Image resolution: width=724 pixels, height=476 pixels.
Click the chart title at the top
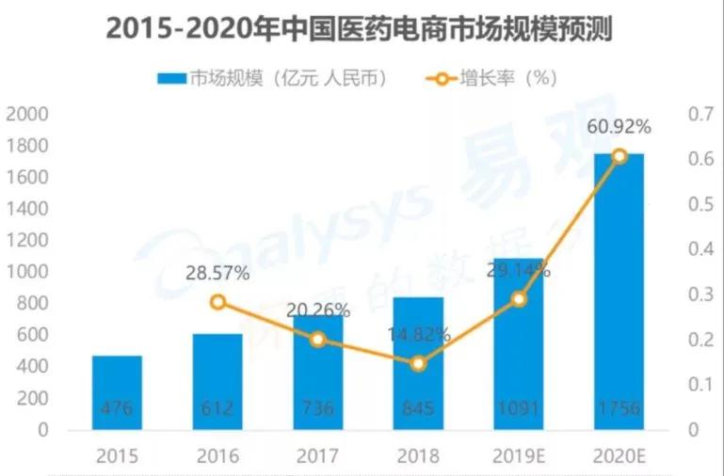coord(361,29)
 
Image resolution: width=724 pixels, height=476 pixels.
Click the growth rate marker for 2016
coord(218,302)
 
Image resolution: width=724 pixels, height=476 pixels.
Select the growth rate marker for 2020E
coord(619,156)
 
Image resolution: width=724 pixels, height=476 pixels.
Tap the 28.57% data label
coord(217,274)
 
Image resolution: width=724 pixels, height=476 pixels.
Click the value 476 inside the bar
coord(117,409)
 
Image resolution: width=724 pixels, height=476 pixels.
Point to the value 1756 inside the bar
coord(619,409)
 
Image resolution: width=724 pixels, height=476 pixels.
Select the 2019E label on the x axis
coord(519,457)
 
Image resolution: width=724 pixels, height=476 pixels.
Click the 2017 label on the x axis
coord(318,457)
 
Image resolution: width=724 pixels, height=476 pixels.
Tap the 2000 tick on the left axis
coord(27,115)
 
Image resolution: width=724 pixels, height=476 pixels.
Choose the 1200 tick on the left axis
coord(27,241)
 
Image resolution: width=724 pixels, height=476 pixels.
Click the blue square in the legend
coord(172,78)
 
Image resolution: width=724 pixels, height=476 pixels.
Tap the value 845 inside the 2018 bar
coord(418,409)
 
